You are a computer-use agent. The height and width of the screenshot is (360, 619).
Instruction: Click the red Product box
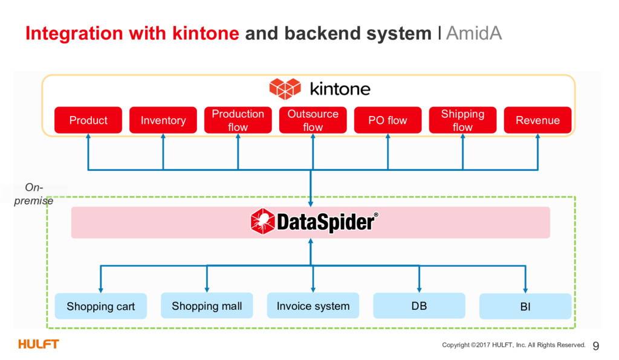pyautogui.click(x=88, y=120)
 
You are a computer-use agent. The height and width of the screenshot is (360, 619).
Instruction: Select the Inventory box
pyautogui.click(x=163, y=120)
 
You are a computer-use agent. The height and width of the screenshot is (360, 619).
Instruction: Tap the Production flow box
pyautogui.click(x=238, y=120)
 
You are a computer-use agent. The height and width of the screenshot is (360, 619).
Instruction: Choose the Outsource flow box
pyautogui.click(x=313, y=120)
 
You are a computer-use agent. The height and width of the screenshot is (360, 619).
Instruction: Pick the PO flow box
pyautogui.click(x=387, y=120)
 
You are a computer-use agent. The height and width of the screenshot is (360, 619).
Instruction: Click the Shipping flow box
pyautogui.click(x=462, y=120)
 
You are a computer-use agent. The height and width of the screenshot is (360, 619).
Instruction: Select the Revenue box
pyautogui.click(x=537, y=120)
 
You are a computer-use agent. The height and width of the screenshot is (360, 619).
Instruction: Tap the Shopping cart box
pyautogui.click(x=101, y=306)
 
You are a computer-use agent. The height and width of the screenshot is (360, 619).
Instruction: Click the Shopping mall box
pyautogui.click(x=207, y=306)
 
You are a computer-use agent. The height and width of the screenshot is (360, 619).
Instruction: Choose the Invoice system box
pyautogui.click(x=313, y=306)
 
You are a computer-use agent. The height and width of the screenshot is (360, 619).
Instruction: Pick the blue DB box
pyautogui.click(x=420, y=306)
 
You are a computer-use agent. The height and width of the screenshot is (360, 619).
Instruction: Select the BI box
pyautogui.click(x=525, y=306)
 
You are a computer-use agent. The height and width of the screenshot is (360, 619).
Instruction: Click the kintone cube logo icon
pyautogui.click(x=285, y=88)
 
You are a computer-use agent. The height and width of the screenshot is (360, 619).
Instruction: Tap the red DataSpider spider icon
pyautogui.click(x=262, y=221)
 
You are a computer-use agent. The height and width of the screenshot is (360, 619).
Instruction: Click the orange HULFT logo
pyautogui.click(x=38, y=344)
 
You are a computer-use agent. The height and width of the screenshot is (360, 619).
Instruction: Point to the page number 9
pyautogui.click(x=595, y=346)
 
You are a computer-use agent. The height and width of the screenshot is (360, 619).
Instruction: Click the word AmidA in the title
pyautogui.click(x=474, y=33)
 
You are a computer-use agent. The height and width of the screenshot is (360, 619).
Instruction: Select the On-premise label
pyautogui.click(x=34, y=194)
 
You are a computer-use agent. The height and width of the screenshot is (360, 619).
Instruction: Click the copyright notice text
pyautogui.click(x=514, y=345)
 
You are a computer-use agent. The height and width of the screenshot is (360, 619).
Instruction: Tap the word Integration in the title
pyautogui.click(x=74, y=33)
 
